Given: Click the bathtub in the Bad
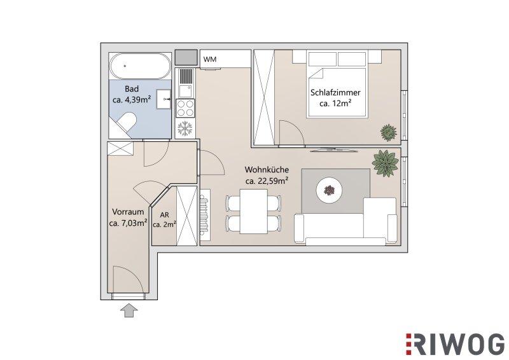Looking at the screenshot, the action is pyautogui.click(x=139, y=66).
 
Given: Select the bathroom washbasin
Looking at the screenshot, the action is pyautogui.click(x=164, y=99).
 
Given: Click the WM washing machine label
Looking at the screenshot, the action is pyautogui.click(x=210, y=59).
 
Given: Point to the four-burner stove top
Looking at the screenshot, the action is pyautogui.click(x=185, y=108).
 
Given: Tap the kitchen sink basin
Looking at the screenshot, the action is pyautogui.click(x=186, y=91).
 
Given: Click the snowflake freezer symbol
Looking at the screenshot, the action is pyautogui.click(x=185, y=128).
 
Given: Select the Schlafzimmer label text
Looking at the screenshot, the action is pyautogui.click(x=335, y=92).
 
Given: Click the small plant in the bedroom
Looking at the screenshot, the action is pyautogui.click(x=389, y=132).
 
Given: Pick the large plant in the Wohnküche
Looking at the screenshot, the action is pyautogui.click(x=386, y=163).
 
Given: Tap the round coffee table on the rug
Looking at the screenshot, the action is pyautogui.click(x=330, y=191).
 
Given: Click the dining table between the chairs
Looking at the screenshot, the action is pyautogui.click(x=254, y=211).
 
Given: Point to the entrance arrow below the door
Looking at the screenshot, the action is pyautogui.click(x=129, y=310).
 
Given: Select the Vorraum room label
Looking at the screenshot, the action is pyautogui.click(x=128, y=212).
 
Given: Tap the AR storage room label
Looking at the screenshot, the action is pyautogui.click(x=165, y=214).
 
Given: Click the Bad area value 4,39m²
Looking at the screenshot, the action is pyautogui.click(x=137, y=100).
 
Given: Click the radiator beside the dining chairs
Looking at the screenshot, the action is pyautogui.click(x=204, y=212).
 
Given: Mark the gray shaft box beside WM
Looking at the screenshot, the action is pyautogui.click(x=186, y=57).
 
